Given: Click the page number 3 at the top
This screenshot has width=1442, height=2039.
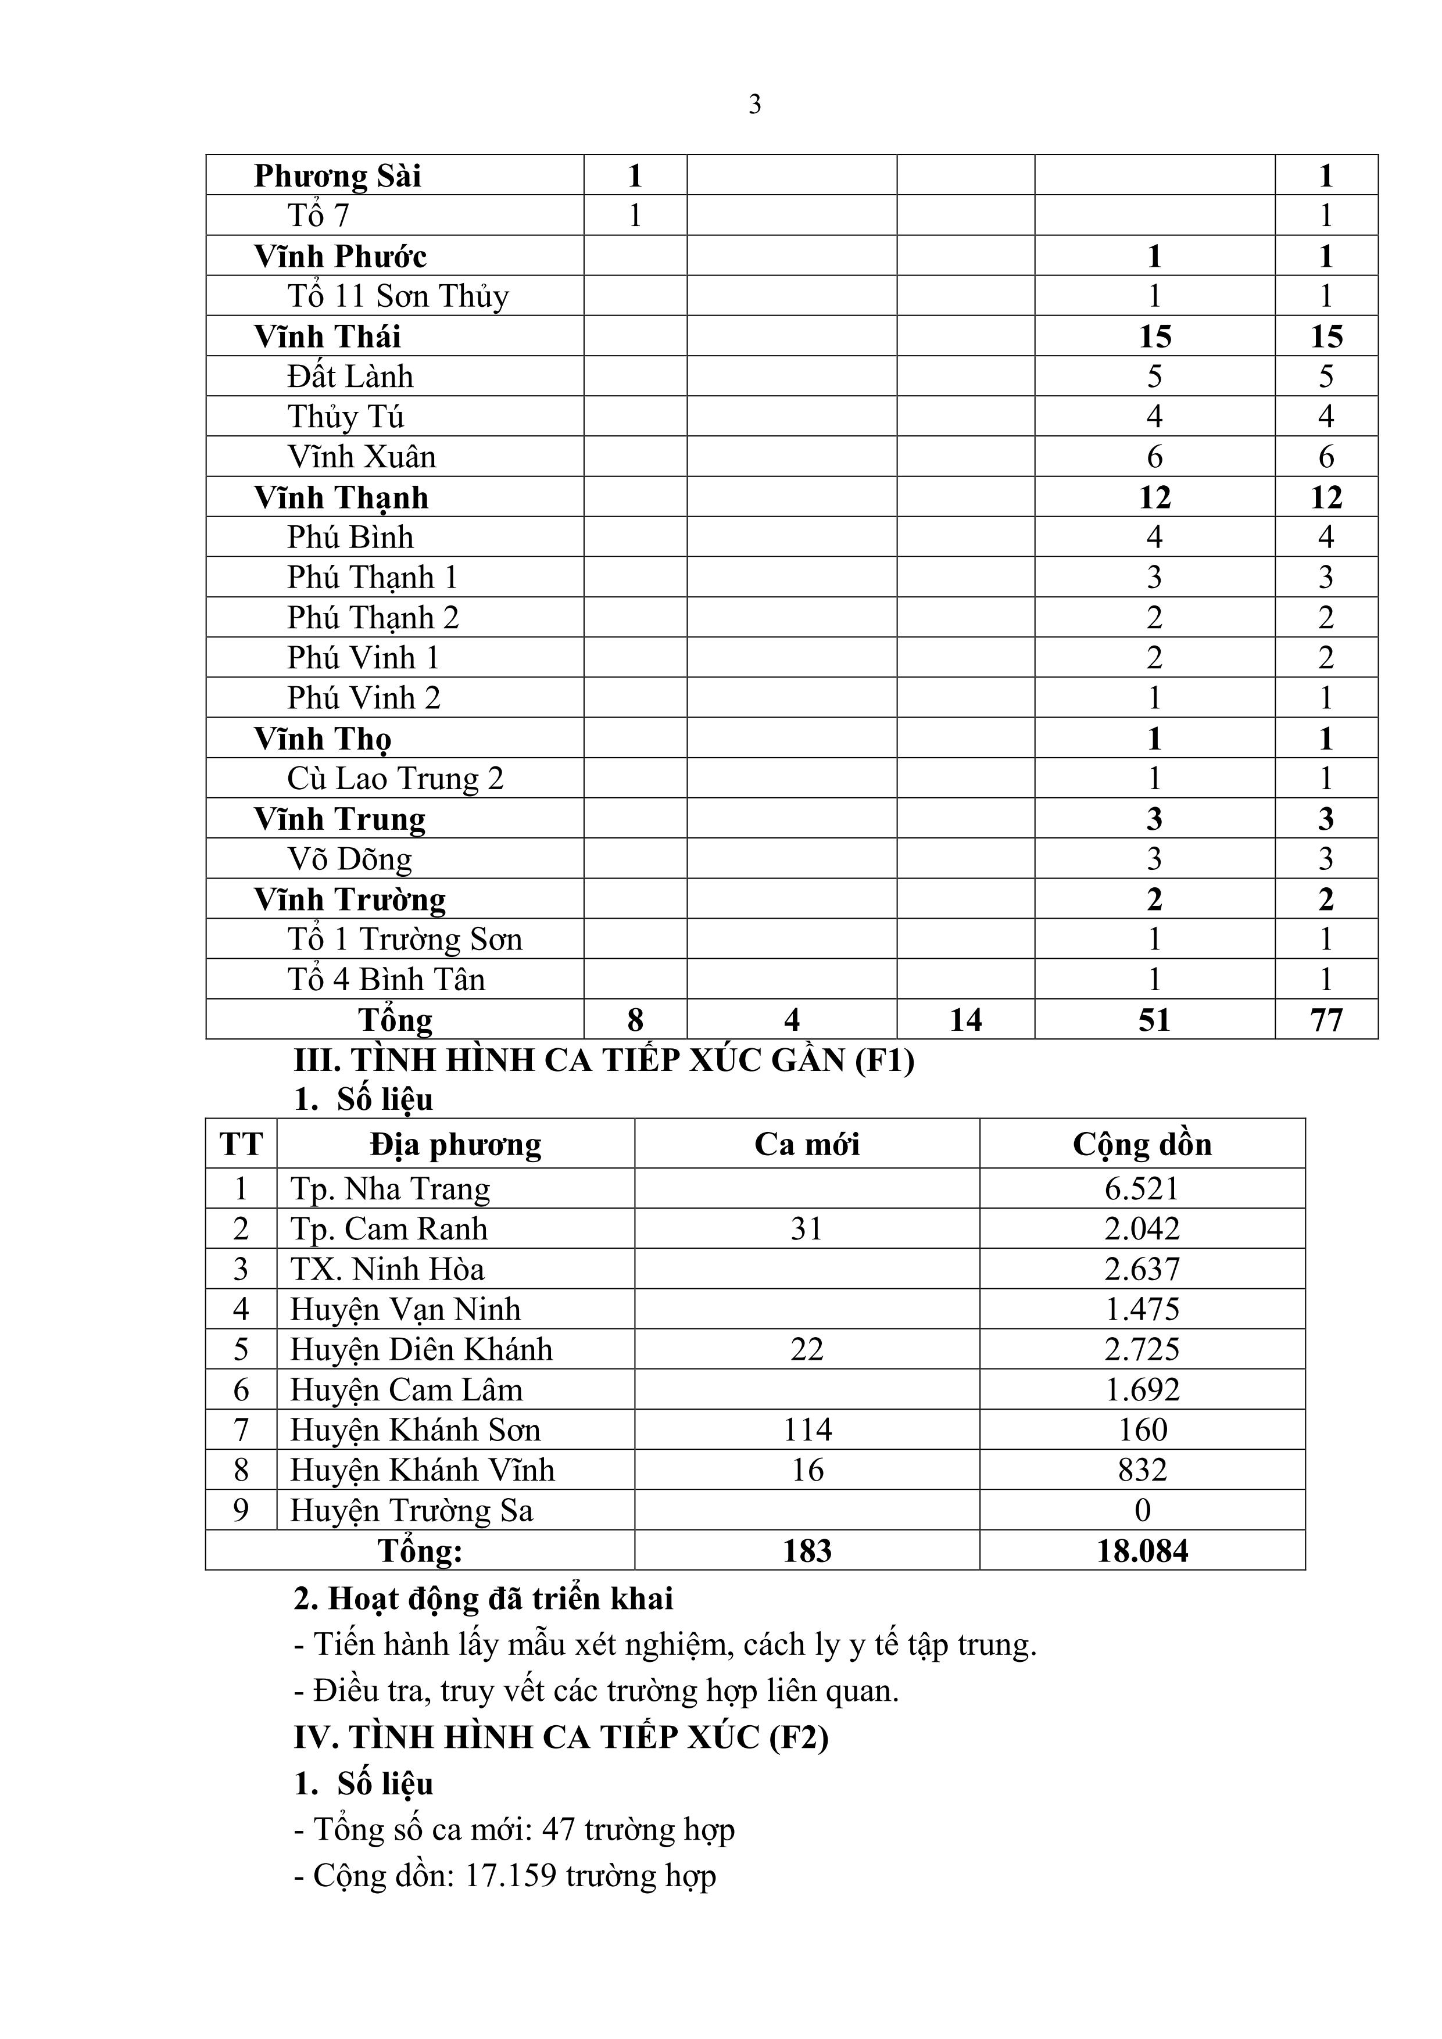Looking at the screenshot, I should [x=754, y=105].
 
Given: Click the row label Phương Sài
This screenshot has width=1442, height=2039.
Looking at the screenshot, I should [x=338, y=176].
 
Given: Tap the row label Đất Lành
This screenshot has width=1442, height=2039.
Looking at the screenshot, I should [x=350, y=377].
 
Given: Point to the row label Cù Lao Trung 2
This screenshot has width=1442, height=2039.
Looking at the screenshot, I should [x=395, y=779].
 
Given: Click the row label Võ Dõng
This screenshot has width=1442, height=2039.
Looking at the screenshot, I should [x=349, y=859].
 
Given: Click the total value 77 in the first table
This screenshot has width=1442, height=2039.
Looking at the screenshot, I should [x=1326, y=1019].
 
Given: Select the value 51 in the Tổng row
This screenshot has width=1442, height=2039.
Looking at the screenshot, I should [x=1154, y=1019].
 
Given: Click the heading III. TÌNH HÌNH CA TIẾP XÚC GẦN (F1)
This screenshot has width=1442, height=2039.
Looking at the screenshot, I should [x=604, y=1060].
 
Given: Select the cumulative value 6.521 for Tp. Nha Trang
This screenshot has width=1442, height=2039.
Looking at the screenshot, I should [x=1142, y=1189].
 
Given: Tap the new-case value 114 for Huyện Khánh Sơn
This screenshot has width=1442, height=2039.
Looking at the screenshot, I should [x=807, y=1430].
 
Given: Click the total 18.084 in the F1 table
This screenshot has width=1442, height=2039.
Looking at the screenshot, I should [x=1142, y=1551].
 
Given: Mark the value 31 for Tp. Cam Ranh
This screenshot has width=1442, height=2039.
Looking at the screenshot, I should [x=807, y=1229].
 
